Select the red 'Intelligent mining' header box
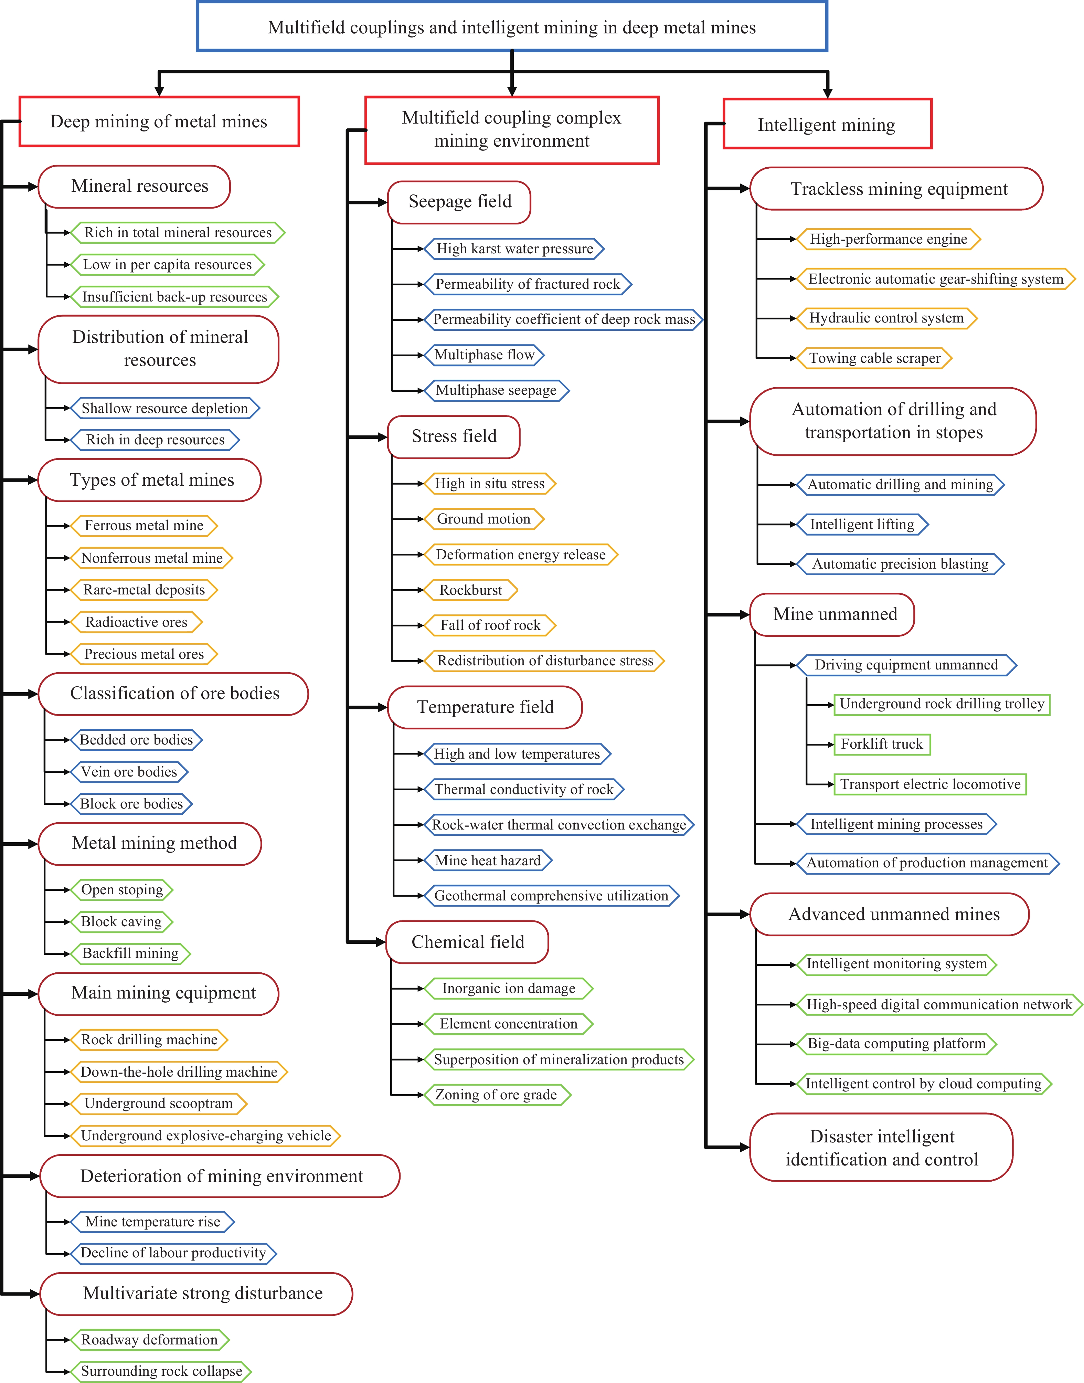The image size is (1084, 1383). (x=827, y=124)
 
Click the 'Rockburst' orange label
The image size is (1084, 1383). (x=471, y=590)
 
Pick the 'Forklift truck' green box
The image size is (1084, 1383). (x=882, y=744)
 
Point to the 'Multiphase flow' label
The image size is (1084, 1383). (x=484, y=355)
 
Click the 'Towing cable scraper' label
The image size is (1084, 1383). (x=874, y=358)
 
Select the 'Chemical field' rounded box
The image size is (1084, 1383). (x=468, y=942)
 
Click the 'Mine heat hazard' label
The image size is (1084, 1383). (x=487, y=861)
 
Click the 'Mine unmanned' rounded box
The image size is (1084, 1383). (x=832, y=614)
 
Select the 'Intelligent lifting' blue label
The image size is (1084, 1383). (x=862, y=524)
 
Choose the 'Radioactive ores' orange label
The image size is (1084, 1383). (x=137, y=622)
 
